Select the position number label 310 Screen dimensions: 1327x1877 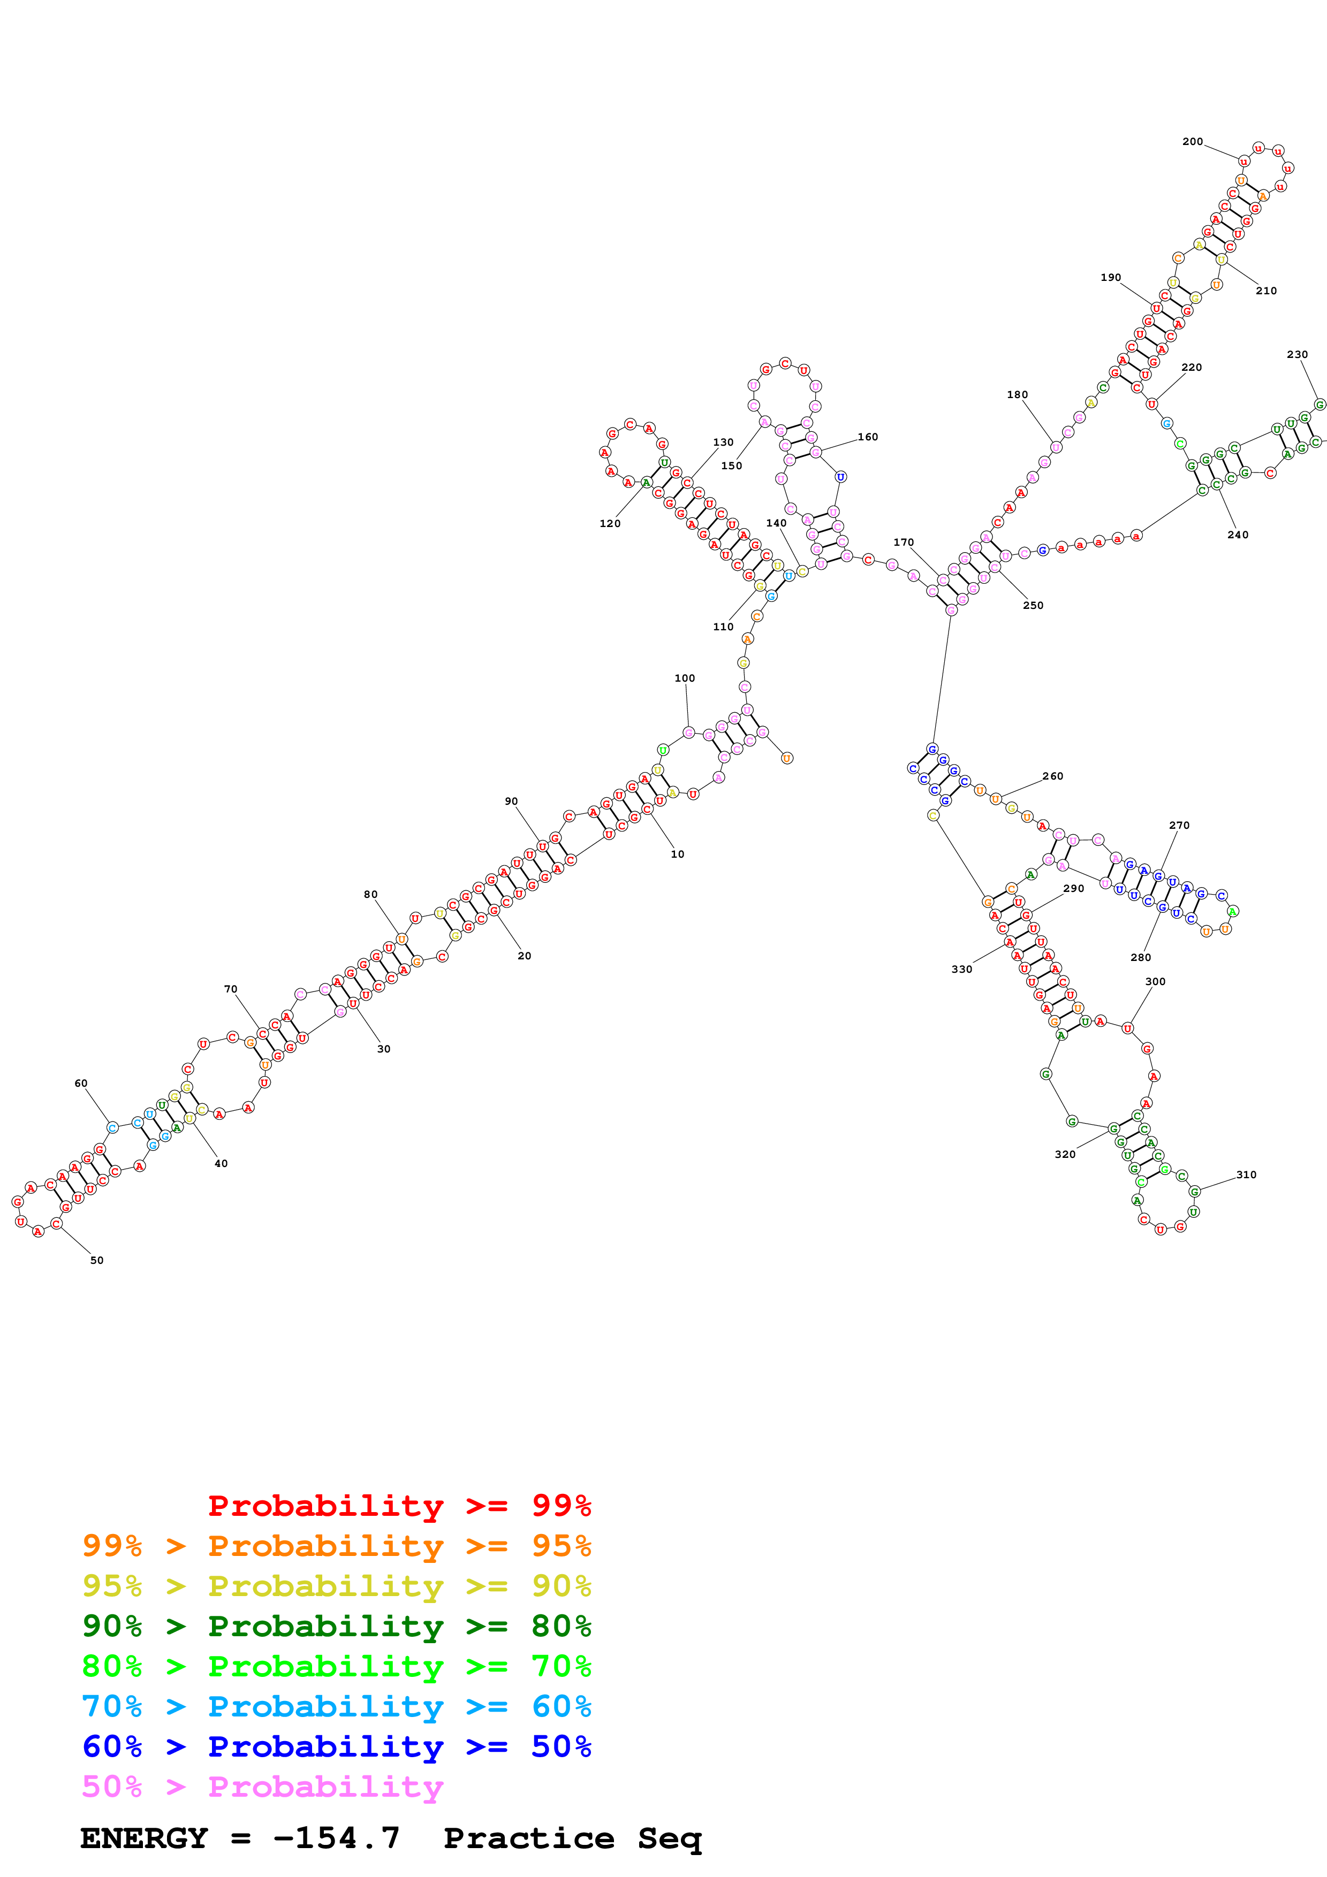point(1246,1175)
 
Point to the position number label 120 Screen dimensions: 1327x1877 point(610,523)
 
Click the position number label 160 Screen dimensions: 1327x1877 point(868,437)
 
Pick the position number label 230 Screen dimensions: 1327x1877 point(1296,354)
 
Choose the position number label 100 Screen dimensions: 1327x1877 point(684,678)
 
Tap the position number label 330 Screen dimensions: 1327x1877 point(961,969)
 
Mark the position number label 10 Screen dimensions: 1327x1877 point(677,853)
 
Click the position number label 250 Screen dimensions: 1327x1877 point(1033,605)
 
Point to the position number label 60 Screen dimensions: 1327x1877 point(81,1083)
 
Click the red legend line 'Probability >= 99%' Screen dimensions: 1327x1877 point(399,1506)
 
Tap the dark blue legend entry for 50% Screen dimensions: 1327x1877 point(336,1746)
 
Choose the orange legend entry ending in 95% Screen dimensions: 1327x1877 point(336,1546)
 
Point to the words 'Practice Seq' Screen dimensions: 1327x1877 point(572,1838)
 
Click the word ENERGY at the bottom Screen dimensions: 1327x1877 point(144,1838)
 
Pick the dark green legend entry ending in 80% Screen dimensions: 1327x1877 point(336,1626)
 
